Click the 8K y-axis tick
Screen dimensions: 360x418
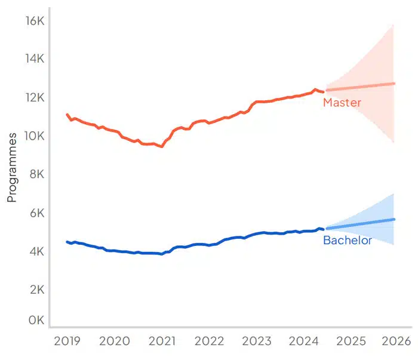35,174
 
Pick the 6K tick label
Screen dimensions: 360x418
35,213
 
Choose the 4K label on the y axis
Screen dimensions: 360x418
35,251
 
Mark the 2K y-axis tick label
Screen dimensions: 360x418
35,290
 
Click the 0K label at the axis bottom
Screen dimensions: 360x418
35,321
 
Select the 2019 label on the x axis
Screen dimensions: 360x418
68,341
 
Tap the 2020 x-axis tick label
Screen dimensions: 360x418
115,341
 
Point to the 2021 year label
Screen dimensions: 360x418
162,341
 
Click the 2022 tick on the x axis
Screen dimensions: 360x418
209,341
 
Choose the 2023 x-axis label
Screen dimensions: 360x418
257,341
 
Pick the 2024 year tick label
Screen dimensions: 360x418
304,341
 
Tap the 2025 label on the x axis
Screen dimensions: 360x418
351,341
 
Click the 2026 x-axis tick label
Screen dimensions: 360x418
395,341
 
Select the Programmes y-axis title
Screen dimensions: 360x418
12,168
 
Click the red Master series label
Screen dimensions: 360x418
342,103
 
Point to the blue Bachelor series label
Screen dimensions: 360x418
347,241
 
